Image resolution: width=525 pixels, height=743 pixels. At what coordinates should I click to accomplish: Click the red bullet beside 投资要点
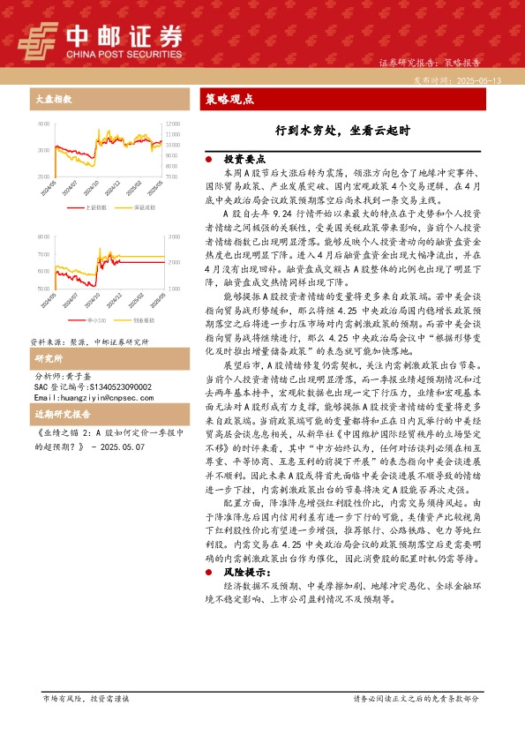coord(208,160)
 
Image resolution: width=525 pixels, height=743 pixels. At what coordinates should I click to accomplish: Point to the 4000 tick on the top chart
coord(43,124)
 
